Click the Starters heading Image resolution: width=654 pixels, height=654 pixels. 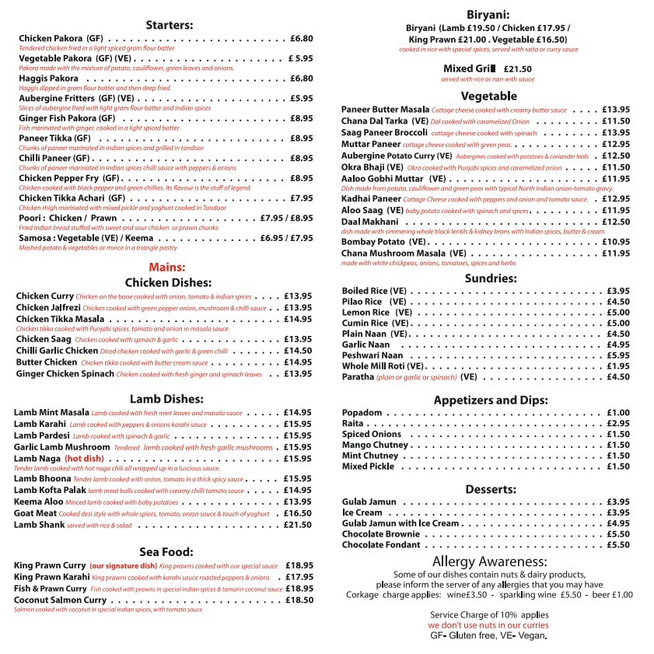pos(170,25)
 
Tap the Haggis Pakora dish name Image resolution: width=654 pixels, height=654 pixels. pos(48,79)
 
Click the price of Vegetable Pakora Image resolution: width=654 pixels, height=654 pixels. pos(300,58)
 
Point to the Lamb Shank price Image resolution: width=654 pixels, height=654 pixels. pos(297,525)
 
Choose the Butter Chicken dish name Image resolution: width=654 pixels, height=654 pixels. pos(47,362)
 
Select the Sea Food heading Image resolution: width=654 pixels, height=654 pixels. pos(165,551)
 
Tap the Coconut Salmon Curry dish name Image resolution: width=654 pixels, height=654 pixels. pos(60,600)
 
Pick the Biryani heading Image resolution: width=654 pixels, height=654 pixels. pos(488,15)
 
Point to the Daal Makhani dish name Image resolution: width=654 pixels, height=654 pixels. pos(370,222)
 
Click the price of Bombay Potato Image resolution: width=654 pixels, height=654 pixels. pos(616,242)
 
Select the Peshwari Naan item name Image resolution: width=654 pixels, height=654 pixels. pos(372,355)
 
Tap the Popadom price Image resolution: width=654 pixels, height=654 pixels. pos(618,413)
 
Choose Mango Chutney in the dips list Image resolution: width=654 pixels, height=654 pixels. pos(375,446)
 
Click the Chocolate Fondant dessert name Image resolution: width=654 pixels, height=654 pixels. pos(380,545)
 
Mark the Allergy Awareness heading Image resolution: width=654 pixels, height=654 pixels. pos(488,561)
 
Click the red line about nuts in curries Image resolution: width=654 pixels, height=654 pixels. pos(488,625)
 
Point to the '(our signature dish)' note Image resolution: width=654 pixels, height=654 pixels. pos(123,566)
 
